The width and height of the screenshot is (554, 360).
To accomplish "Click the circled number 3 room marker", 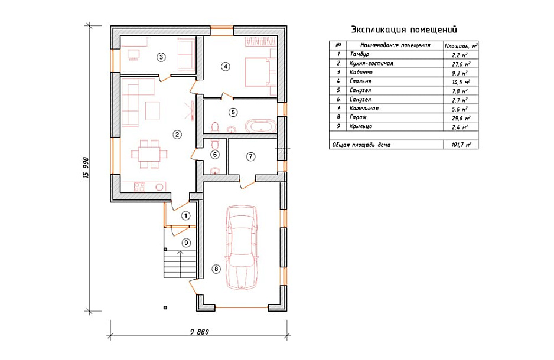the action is tap(161, 57).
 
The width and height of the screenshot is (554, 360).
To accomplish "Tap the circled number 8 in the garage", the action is tap(216, 269).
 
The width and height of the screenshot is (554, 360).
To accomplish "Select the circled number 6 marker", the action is tap(214, 154).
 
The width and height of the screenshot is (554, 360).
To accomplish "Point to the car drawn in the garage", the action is tap(242, 247).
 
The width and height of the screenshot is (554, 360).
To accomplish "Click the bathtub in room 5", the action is tap(260, 126).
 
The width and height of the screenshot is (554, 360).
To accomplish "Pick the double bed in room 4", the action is tap(260, 72).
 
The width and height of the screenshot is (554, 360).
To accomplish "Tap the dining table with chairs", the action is tap(149, 154).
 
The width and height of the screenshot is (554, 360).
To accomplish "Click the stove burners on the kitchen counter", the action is tap(139, 186).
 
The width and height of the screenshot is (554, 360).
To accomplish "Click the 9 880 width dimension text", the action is tap(200, 332).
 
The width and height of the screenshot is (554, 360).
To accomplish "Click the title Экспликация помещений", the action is tap(404, 30).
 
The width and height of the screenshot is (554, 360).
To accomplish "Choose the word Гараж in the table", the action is tap(358, 117).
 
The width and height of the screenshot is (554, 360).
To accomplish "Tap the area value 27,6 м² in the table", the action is tap(461, 64).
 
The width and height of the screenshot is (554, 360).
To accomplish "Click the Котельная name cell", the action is tap(364, 109).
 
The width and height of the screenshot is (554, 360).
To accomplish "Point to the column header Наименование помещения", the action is tap(395, 45).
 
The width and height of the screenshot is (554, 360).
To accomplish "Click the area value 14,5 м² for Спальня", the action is tap(461, 82).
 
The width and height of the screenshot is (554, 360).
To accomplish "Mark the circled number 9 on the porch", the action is tap(186, 243).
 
